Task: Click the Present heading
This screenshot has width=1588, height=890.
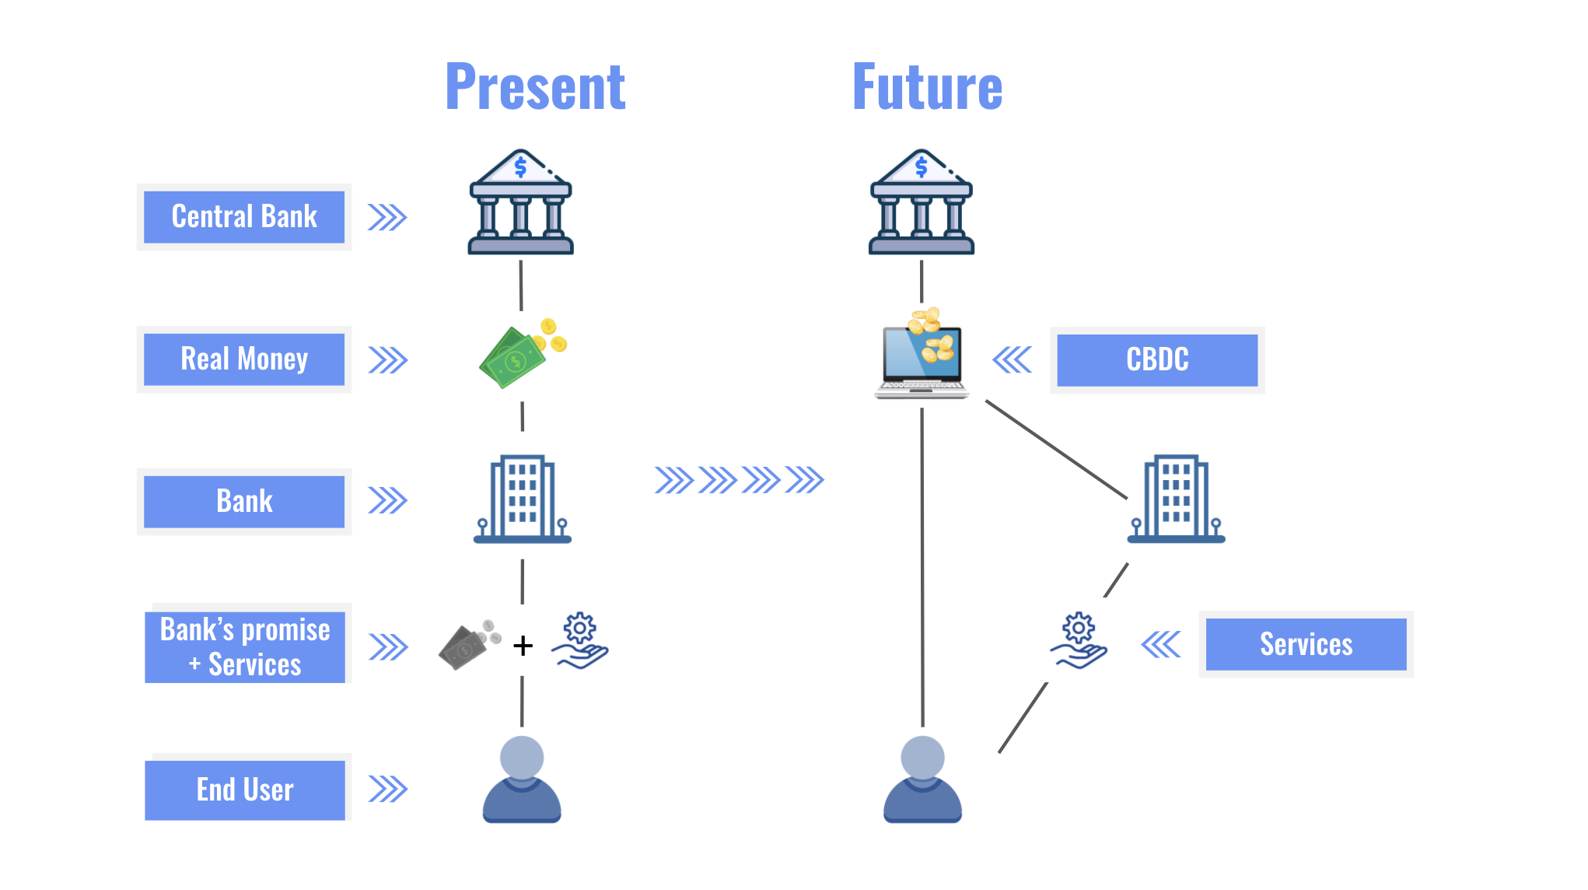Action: tap(535, 87)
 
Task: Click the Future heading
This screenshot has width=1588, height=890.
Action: tap(927, 87)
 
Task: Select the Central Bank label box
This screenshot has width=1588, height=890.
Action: tap(244, 217)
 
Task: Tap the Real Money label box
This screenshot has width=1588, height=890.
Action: tap(244, 359)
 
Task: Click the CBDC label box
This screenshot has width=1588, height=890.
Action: tap(1157, 360)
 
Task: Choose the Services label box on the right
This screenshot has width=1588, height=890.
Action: tap(1306, 644)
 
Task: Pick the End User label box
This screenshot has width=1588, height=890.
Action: tap(245, 790)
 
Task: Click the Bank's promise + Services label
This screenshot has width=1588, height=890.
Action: tap(245, 646)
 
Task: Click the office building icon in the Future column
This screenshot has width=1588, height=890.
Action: tap(1176, 499)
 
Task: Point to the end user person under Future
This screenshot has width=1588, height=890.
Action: tap(922, 780)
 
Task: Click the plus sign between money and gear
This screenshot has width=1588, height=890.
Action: tap(523, 645)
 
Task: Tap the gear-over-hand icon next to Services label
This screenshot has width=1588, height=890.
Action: tap(1079, 640)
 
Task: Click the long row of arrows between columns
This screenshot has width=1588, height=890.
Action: tap(739, 480)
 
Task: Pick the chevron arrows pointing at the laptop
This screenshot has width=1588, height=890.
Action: tap(1013, 359)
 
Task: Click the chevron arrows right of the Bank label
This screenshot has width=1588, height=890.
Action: tap(387, 501)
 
